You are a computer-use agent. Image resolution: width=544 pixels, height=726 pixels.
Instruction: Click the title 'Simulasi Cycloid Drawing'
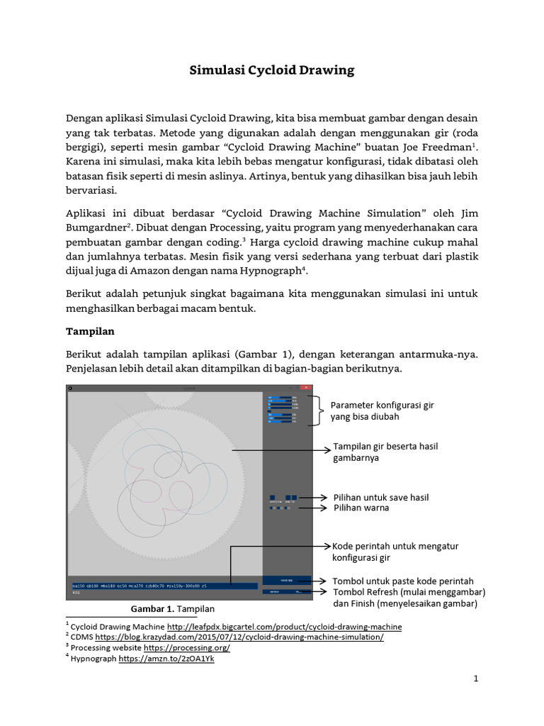pyautogui.click(x=272, y=70)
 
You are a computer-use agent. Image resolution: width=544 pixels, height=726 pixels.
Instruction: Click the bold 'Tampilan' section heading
pyautogui.click(x=90, y=330)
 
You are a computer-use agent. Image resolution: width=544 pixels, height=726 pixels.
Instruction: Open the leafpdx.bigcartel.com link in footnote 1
pyautogui.click(x=284, y=627)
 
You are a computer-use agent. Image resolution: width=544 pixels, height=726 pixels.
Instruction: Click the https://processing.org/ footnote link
pyautogui.click(x=186, y=648)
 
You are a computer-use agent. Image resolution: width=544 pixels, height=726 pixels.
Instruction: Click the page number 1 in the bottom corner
pyautogui.click(x=476, y=678)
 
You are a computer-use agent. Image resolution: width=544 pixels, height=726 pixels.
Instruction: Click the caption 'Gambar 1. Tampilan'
pyautogui.click(x=173, y=609)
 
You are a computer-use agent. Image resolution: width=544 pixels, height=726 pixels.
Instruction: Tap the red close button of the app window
pyautogui.click(x=307, y=388)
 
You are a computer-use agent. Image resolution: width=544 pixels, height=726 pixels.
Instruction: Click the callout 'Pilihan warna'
pyautogui.click(x=361, y=508)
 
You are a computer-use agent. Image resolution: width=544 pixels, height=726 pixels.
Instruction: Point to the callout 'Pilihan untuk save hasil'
pyautogui.click(x=381, y=497)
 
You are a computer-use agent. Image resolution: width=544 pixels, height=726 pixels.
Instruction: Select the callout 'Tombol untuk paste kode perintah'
pyautogui.click(x=403, y=581)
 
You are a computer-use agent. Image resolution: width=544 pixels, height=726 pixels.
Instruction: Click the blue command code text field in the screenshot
pyautogui.click(x=163, y=586)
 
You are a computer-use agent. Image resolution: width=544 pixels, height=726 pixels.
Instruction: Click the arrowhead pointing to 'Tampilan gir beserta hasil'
pyautogui.click(x=327, y=449)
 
